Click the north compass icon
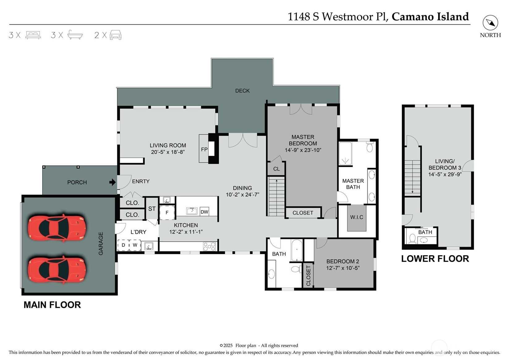point(490,23)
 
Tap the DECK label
point(242,91)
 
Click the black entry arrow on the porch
point(112,182)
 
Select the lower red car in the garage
point(57,270)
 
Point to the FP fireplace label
point(204,149)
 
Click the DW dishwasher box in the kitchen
point(204,212)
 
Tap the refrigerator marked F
point(167,212)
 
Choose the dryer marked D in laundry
point(123,245)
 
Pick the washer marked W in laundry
point(135,245)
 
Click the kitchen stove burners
point(209,246)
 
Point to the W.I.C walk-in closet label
point(357,217)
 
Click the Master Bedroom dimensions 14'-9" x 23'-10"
point(303,150)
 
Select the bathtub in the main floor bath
point(297,250)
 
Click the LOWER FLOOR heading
point(435,259)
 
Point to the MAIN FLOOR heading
point(52,305)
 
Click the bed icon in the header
point(33,35)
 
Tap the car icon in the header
point(116,35)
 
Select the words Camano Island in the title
point(430,17)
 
